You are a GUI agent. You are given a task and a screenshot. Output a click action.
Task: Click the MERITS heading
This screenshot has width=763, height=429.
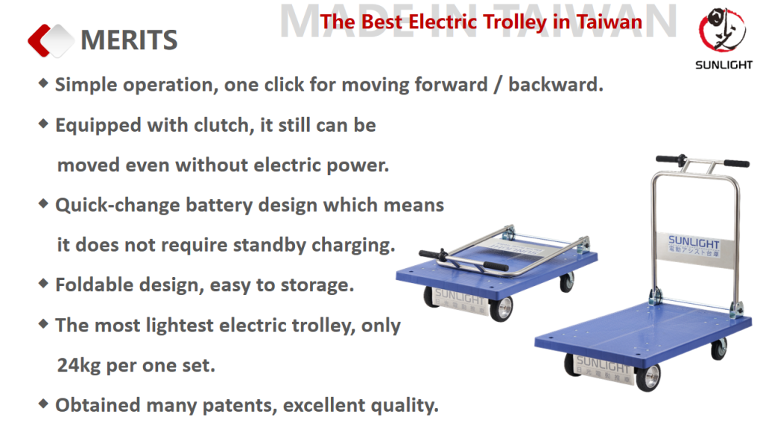coord(129,40)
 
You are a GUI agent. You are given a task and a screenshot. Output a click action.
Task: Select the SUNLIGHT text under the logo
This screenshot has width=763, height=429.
coord(724,66)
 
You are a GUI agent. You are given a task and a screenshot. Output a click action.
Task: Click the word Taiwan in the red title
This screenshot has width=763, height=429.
coord(610,22)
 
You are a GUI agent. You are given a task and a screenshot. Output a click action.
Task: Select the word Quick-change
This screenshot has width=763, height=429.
coord(117,206)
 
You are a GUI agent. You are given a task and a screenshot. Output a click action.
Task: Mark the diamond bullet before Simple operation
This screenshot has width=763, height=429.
coord(43,83)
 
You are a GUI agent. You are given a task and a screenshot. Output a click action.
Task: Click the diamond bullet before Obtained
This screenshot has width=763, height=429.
coord(43,404)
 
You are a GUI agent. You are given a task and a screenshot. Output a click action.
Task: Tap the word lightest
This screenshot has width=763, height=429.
coord(180,325)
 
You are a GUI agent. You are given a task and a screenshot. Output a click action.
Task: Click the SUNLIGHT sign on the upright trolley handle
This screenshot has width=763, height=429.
coord(694,246)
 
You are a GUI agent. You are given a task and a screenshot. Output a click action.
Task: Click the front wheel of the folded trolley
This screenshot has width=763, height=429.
coord(501,309)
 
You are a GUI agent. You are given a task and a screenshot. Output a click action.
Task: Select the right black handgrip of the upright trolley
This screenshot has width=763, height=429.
coord(736,163)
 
